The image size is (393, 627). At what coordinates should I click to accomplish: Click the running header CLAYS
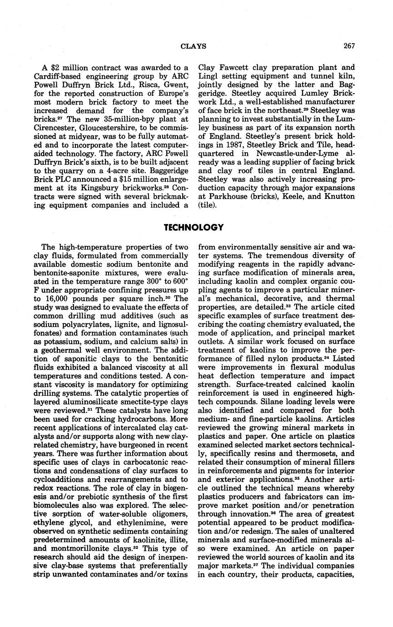click(x=194, y=46)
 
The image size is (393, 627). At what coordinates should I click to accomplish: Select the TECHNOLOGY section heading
click(x=194, y=228)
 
